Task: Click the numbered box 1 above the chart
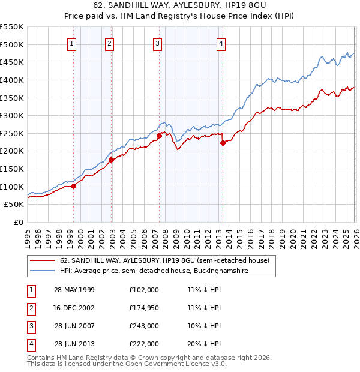pos(71,43)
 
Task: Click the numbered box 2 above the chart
pos(109,43)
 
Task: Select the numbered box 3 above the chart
pos(157,43)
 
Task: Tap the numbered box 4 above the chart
pos(221,43)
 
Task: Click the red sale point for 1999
pos(74,186)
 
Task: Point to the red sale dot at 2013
pos(223,143)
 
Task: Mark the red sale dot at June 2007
pos(159,136)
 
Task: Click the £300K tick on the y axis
pos(12,115)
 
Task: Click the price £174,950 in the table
pos(144,308)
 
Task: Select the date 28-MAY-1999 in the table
pos(74,290)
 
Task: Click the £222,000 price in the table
pos(144,344)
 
